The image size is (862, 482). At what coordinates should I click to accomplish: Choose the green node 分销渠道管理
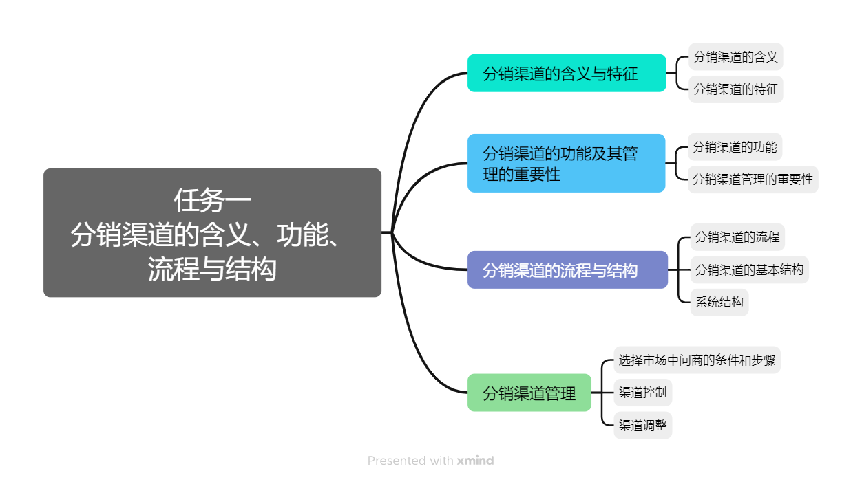(x=529, y=393)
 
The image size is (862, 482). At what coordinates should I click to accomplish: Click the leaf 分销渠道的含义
(x=735, y=57)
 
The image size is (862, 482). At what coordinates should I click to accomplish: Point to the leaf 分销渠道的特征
(x=735, y=89)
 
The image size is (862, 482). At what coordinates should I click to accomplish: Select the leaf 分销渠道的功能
(x=735, y=147)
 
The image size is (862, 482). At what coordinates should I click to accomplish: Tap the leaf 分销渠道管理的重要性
(x=753, y=179)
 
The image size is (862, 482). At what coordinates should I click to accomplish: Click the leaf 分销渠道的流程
(x=737, y=237)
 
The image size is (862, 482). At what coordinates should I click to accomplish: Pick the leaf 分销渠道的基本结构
(x=749, y=270)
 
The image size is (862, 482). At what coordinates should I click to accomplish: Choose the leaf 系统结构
(x=719, y=302)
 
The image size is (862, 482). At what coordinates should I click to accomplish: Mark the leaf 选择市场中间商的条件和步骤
(x=697, y=360)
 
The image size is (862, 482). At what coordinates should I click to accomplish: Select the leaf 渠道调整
(x=642, y=426)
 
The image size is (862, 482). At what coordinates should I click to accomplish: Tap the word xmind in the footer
(x=475, y=461)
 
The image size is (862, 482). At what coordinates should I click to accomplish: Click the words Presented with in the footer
(x=410, y=461)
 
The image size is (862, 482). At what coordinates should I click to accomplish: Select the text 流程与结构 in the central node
(x=212, y=270)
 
